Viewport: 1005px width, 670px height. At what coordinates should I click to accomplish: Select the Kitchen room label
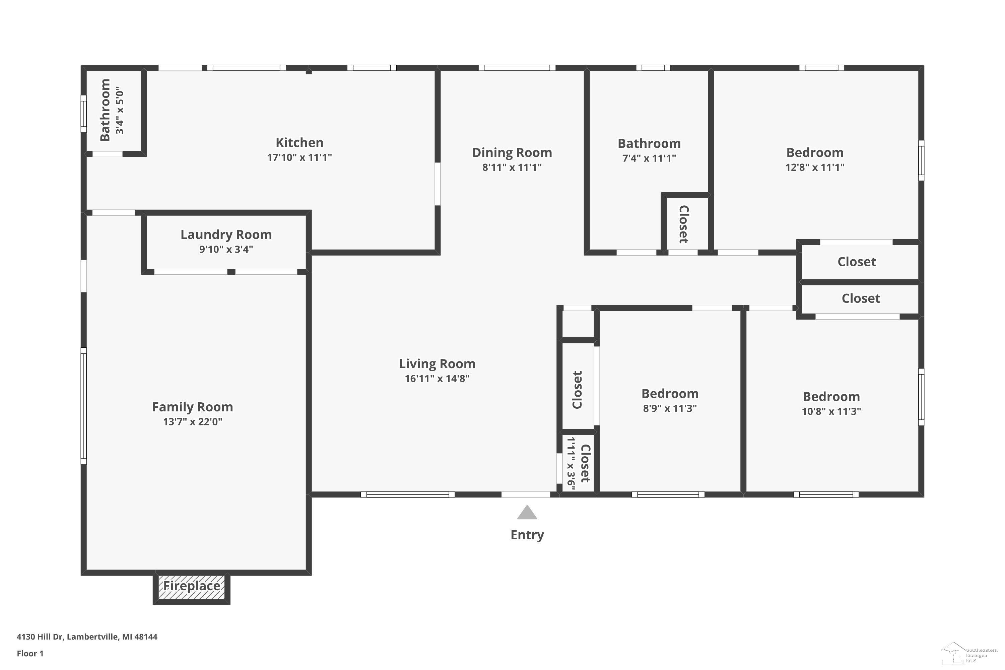(299, 142)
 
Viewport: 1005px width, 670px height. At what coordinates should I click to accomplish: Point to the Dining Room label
(512, 152)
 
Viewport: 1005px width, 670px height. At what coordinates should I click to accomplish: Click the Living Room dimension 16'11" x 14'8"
(437, 378)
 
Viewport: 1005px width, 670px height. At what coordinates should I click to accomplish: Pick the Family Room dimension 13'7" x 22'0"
(193, 422)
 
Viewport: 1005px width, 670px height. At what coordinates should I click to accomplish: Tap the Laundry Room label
(226, 234)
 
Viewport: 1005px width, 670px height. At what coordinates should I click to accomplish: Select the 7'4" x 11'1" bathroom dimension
(649, 158)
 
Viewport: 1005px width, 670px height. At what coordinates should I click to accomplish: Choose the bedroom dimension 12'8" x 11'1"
(815, 167)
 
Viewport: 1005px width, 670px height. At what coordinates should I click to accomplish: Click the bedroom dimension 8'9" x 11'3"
(670, 408)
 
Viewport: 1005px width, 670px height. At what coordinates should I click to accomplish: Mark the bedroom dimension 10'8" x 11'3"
(831, 411)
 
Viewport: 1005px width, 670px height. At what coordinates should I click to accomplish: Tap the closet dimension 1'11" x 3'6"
(571, 463)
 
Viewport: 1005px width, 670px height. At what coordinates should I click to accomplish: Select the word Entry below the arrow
(527, 535)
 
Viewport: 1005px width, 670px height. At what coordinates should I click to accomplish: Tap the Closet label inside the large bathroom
(684, 224)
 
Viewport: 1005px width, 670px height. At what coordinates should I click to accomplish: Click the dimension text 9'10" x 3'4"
(226, 249)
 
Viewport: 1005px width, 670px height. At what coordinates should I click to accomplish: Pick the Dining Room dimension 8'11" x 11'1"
(512, 167)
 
